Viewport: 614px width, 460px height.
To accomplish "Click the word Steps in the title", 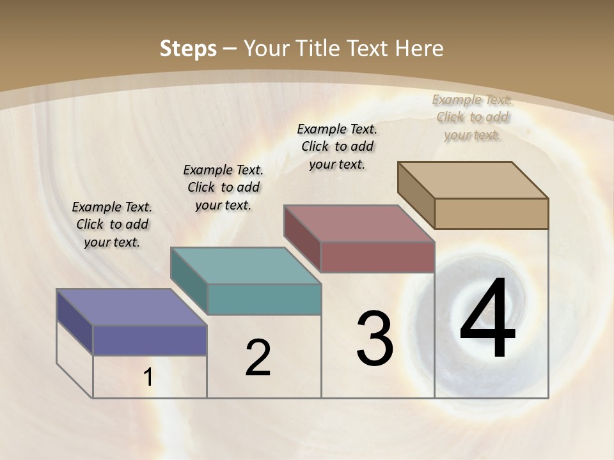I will [x=188, y=49].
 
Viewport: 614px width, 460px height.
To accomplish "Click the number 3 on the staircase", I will [x=375, y=339].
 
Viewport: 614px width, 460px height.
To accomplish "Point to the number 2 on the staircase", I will [x=258, y=358].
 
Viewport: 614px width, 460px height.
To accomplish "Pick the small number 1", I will [x=148, y=378].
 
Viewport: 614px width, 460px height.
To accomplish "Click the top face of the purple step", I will [x=131, y=307].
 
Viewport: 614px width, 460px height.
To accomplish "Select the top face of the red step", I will [x=359, y=224].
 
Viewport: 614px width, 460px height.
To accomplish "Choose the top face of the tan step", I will [x=473, y=180].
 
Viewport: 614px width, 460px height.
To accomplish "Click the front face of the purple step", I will [x=150, y=340].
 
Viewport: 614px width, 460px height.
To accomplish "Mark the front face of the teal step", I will [x=264, y=299].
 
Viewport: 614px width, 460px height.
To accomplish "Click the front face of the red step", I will [x=377, y=257].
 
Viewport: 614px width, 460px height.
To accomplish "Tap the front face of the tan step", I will [x=491, y=213].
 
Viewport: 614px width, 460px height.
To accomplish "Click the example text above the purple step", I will [x=112, y=224].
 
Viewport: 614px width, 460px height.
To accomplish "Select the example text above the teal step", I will [x=223, y=187].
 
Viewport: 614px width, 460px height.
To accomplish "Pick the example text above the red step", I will [x=337, y=146].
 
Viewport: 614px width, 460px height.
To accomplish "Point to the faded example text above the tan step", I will [x=472, y=117].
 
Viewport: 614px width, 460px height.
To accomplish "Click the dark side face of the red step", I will [x=302, y=238].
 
